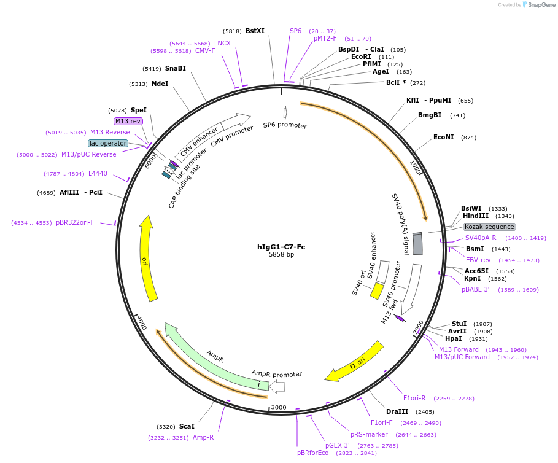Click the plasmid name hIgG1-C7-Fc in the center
click(281, 247)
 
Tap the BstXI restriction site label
click(255, 31)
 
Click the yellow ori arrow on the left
click(148, 258)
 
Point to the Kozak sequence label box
click(489, 227)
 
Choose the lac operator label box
click(108, 143)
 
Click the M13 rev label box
click(128, 121)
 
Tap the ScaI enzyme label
click(187, 426)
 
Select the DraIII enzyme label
click(397, 411)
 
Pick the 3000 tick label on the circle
click(279, 407)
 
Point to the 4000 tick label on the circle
click(141, 323)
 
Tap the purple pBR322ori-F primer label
click(75, 222)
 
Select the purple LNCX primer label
click(222, 43)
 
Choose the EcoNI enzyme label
click(443, 137)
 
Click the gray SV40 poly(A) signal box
click(417, 244)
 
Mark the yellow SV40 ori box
click(377, 290)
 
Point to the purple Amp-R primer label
click(203, 437)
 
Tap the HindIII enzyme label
click(475, 216)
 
